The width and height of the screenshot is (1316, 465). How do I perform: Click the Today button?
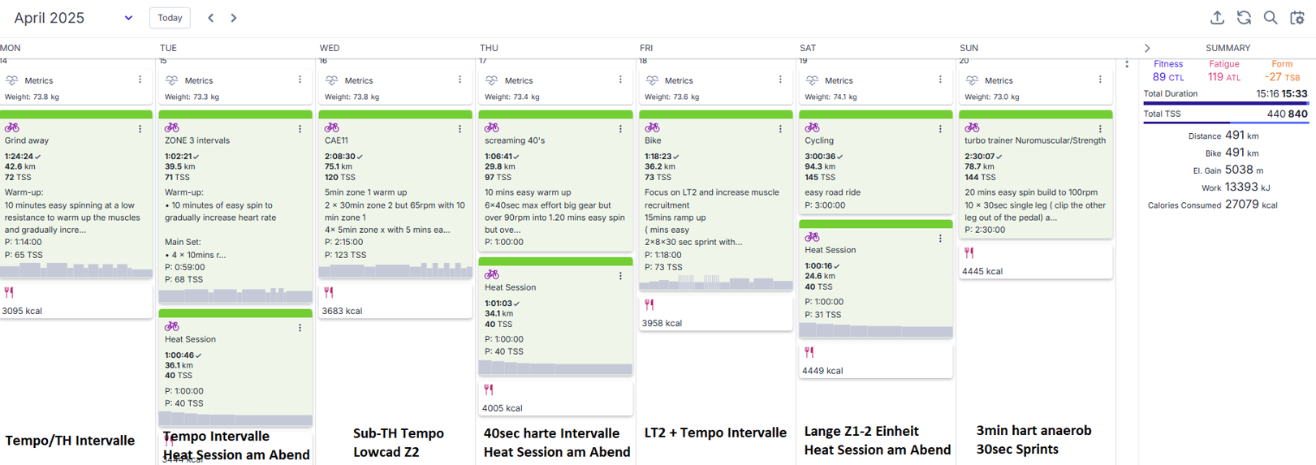pyautogui.click(x=170, y=18)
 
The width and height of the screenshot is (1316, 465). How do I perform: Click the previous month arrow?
pyautogui.click(x=211, y=18)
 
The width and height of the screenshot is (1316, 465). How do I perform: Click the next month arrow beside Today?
pyautogui.click(x=234, y=18)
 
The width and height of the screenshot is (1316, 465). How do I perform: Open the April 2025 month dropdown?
pyautogui.click(x=128, y=18)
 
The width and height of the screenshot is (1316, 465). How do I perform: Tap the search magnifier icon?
pyautogui.click(x=1271, y=18)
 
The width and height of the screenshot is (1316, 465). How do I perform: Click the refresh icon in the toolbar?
pyautogui.click(x=1244, y=18)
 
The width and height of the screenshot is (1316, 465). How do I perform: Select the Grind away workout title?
pyautogui.click(x=27, y=140)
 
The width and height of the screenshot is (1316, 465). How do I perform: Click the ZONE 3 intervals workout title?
pyautogui.click(x=197, y=140)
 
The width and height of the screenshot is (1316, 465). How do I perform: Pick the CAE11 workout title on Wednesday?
pyautogui.click(x=336, y=140)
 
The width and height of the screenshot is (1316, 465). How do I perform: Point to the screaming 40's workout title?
pyautogui.click(x=515, y=140)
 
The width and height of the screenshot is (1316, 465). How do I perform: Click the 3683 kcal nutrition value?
pyautogui.click(x=342, y=311)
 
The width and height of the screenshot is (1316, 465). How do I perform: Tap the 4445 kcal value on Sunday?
pyautogui.click(x=982, y=271)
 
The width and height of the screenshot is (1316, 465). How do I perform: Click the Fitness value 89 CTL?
pyautogui.click(x=1168, y=77)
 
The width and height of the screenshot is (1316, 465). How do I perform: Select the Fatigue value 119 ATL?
pyautogui.click(x=1223, y=77)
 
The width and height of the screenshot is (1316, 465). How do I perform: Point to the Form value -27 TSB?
pyautogui.click(x=1282, y=77)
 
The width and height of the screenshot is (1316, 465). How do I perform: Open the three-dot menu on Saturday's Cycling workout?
pyautogui.click(x=940, y=128)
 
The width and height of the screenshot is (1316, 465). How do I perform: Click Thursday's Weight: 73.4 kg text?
pyautogui.click(x=512, y=97)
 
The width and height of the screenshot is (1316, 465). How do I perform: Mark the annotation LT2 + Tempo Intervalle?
pyautogui.click(x=715, y=433)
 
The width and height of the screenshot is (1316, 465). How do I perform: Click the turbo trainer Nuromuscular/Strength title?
pyautogui.click(x=1035, y=140)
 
